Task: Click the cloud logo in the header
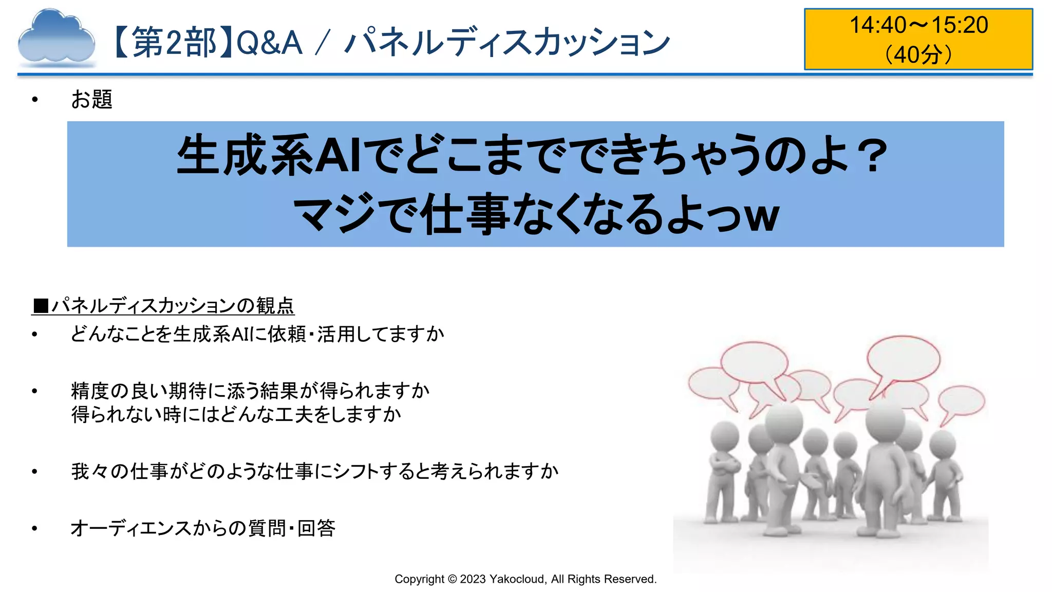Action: pyautogui.click(x=56, y=39)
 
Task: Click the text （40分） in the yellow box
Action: pyautogui.click(x=918, y=54)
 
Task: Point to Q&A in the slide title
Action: pyautogui.click(x=269, y=42)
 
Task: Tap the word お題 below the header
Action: pyautogui.click(x=91, y=99)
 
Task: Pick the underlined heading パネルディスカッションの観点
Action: pyautogui.click(x=173, y=306)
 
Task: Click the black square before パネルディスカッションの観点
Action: pyautogui.click(x=41, y=306)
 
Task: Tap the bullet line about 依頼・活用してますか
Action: pyautogui.click(x=257, y=334)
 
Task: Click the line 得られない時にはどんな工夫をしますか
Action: pyautogui.click(x=236, y=414)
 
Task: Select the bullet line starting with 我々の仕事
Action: pyautogui.click(x=314, y=471)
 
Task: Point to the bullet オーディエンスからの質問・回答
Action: pyautogui.click(x=203, y=528)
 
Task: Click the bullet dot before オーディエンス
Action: pyautogui.click(x=34, y=528)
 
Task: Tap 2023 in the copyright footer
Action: pyautogui.click(x=473, y=579)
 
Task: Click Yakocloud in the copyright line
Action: pyautogui.click(x=517, y=579)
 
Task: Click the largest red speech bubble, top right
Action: pyautogui.click(x=903, y=358)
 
